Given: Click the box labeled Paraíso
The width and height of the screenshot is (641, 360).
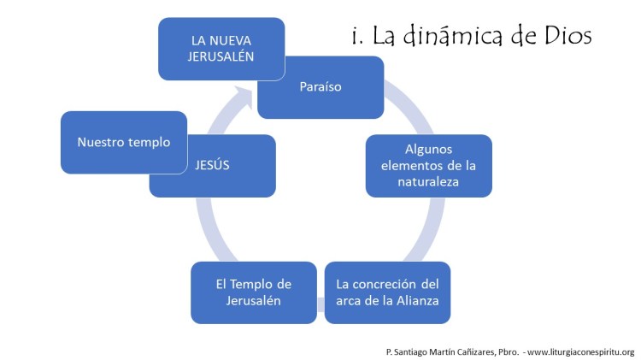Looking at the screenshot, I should click(x=320, y=87).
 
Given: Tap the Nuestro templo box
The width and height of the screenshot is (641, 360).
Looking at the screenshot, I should click(x=123, y=142).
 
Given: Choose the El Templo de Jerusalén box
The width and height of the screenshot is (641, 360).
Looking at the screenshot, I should click(x=253, y=292).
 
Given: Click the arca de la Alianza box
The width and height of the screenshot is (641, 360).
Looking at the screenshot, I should click(x=387, y=292).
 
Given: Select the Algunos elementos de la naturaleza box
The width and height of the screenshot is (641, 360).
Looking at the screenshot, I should click(x=429, y=166).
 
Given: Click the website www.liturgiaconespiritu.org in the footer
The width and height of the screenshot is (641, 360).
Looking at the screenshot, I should click(x=581, y=351).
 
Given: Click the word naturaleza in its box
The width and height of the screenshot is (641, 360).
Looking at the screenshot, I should click(x=429, y=181).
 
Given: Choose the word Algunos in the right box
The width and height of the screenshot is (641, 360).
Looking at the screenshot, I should click(x=429, y=150).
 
